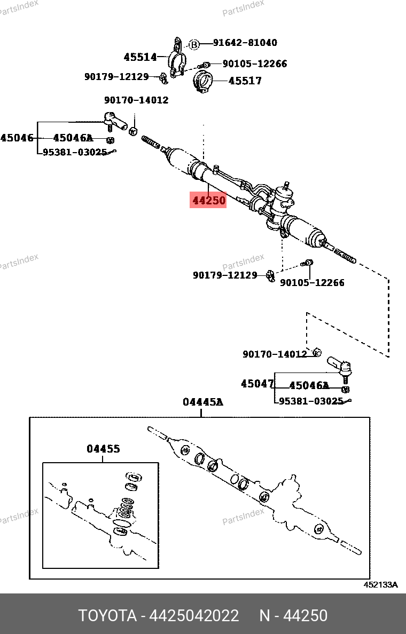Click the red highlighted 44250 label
[x=208, y=200]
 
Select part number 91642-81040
[x=245, y=43]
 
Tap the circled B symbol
[x=194, y=45]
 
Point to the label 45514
[x=140, y=57]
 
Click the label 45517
[x=245, y=81]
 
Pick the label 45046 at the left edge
[x=17, y=138]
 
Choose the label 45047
[x=257, y=384]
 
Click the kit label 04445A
[x=202, y=402]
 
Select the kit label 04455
[x=103, y=449]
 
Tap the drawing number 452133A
[x=381, y=584]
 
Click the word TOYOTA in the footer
[x=107, y=616]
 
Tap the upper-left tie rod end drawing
[x=114, y=120]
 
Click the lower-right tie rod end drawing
[x=340, y=367]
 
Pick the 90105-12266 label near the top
[x=254, y=64]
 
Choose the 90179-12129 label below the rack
[x=225, y=275]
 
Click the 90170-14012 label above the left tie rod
[x=136, y=100]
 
